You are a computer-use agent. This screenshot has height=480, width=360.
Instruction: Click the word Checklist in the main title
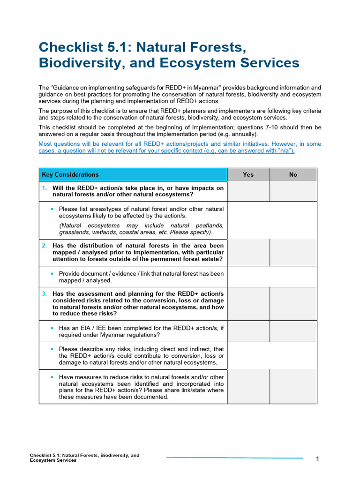tap(65, 47)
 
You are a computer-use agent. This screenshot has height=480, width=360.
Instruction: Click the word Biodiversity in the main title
tap(75, 63)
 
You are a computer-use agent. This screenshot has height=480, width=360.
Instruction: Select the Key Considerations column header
tap(70, 175)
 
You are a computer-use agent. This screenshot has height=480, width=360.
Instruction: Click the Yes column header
tap(248, 175)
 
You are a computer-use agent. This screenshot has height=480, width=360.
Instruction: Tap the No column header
tap(293, 175)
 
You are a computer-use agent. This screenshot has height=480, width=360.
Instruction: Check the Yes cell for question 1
tap(248, 191)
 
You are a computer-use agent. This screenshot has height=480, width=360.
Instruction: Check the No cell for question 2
tap(293, 252)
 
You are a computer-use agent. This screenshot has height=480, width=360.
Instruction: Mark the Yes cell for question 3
tap(248, 304)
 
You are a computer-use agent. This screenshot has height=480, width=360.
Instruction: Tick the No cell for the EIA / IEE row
tap(293, 331)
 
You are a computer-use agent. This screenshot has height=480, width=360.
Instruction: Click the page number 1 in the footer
tap(317, 458)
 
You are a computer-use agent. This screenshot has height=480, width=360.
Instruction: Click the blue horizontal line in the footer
tap(234, 457)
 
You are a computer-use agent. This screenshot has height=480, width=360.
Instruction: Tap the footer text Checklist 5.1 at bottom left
tap(45, 455)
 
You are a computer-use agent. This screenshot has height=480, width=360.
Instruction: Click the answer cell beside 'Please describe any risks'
tap(272, 356)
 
